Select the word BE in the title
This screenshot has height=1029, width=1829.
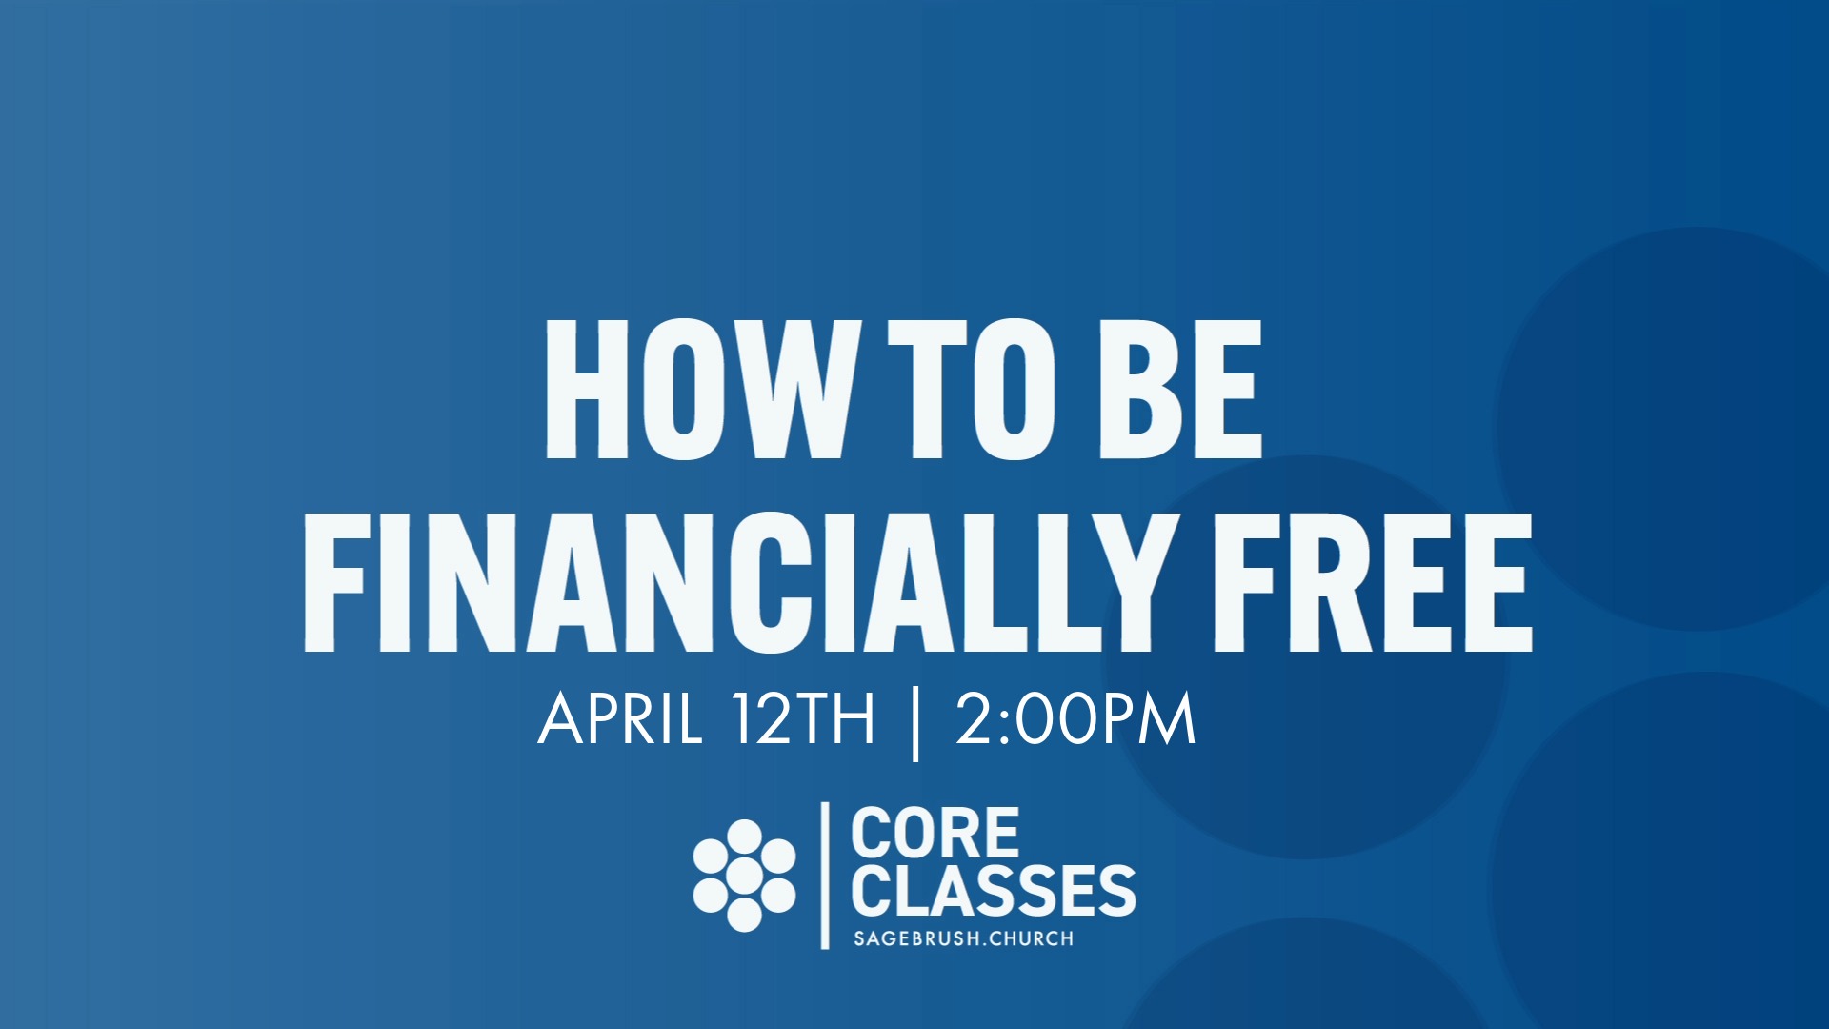pyautogui.click(x=1181, y=391)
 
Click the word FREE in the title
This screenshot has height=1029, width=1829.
pyautogui.click(x=1372, y=583)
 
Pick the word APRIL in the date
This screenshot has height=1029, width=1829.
pyautogui.click(x=620, y=719)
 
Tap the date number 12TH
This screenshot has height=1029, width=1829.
pyautogui.click(x=803, y=719)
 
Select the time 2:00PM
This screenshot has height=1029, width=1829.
pyautogui.click(x=1075, y=719)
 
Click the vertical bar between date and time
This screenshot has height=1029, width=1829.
pyautogui.click(x=915, y=724)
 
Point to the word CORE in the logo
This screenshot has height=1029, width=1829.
pyautogui.click(x=935, y=834)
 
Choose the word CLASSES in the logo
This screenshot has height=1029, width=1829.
pyautogui.click(x=993, y=891)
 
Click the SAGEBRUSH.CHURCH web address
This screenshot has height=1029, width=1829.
pyautogui.click(x=963, y=938)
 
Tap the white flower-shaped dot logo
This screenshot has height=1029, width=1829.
pyautogui.click(x=744, y=876)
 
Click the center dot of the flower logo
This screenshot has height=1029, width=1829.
pyautogui.click(x=744, y=876)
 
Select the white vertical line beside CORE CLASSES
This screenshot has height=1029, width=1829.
pyautogui.click(x=825, y=876)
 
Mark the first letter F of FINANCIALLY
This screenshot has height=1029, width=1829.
pyautogui.click(x=333, y=583)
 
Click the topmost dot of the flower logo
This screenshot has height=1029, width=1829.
pyautogui.click(x=744, y=836)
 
